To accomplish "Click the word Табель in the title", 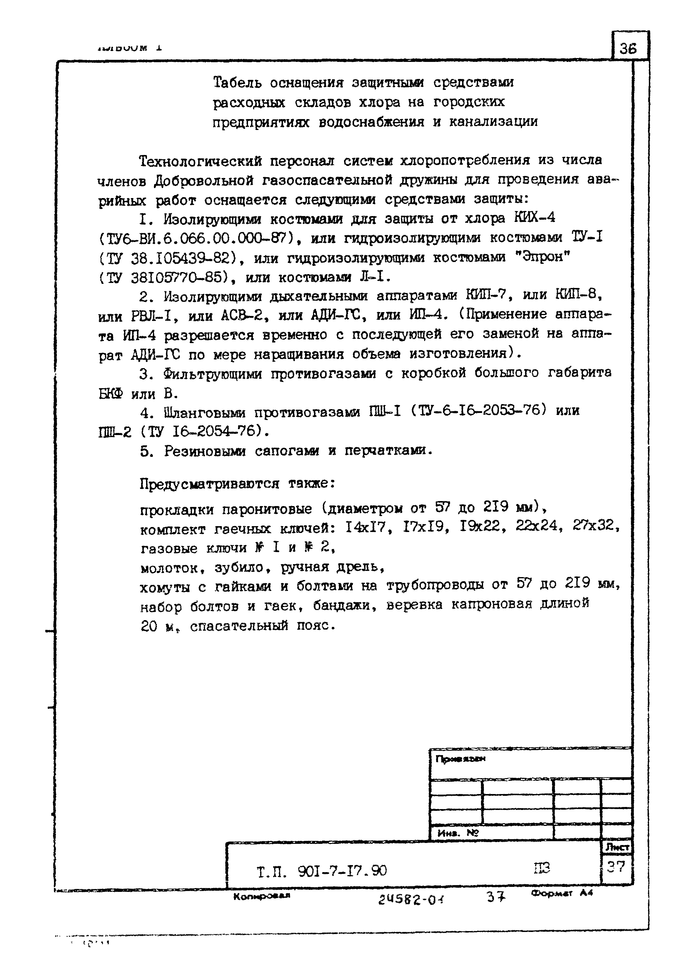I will [237, 82].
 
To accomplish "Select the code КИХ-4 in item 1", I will [534, 218].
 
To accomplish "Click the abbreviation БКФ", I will [110, 393].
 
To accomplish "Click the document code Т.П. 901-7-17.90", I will [321, 871].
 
